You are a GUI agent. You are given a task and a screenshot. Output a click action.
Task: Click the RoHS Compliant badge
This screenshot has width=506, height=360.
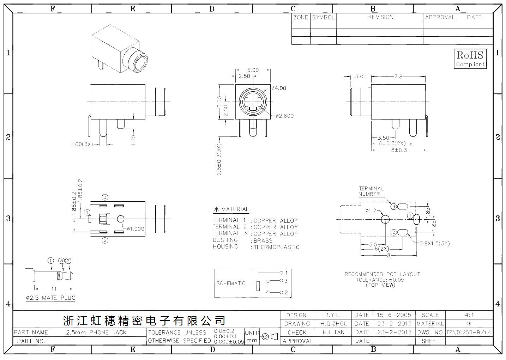[470, 59]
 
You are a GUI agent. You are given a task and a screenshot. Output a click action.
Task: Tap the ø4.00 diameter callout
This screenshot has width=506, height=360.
[279, 88]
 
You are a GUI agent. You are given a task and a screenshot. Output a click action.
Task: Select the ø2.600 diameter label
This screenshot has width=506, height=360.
[285, 116]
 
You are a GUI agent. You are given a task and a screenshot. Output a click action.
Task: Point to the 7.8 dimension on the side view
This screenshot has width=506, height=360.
[398, 77]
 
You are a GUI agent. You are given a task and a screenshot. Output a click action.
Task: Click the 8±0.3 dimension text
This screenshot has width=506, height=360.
[399, 150]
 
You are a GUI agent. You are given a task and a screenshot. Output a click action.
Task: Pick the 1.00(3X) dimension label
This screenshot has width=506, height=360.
[82, 144]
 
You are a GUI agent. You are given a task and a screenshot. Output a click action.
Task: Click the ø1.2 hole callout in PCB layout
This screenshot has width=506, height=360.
[371, 210]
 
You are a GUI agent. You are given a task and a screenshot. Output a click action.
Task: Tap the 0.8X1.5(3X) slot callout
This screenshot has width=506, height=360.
[435, 243]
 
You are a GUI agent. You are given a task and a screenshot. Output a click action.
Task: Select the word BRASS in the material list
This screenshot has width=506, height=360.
[263, 240]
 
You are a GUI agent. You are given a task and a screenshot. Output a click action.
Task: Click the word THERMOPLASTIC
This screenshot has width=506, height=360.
[277, 247]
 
